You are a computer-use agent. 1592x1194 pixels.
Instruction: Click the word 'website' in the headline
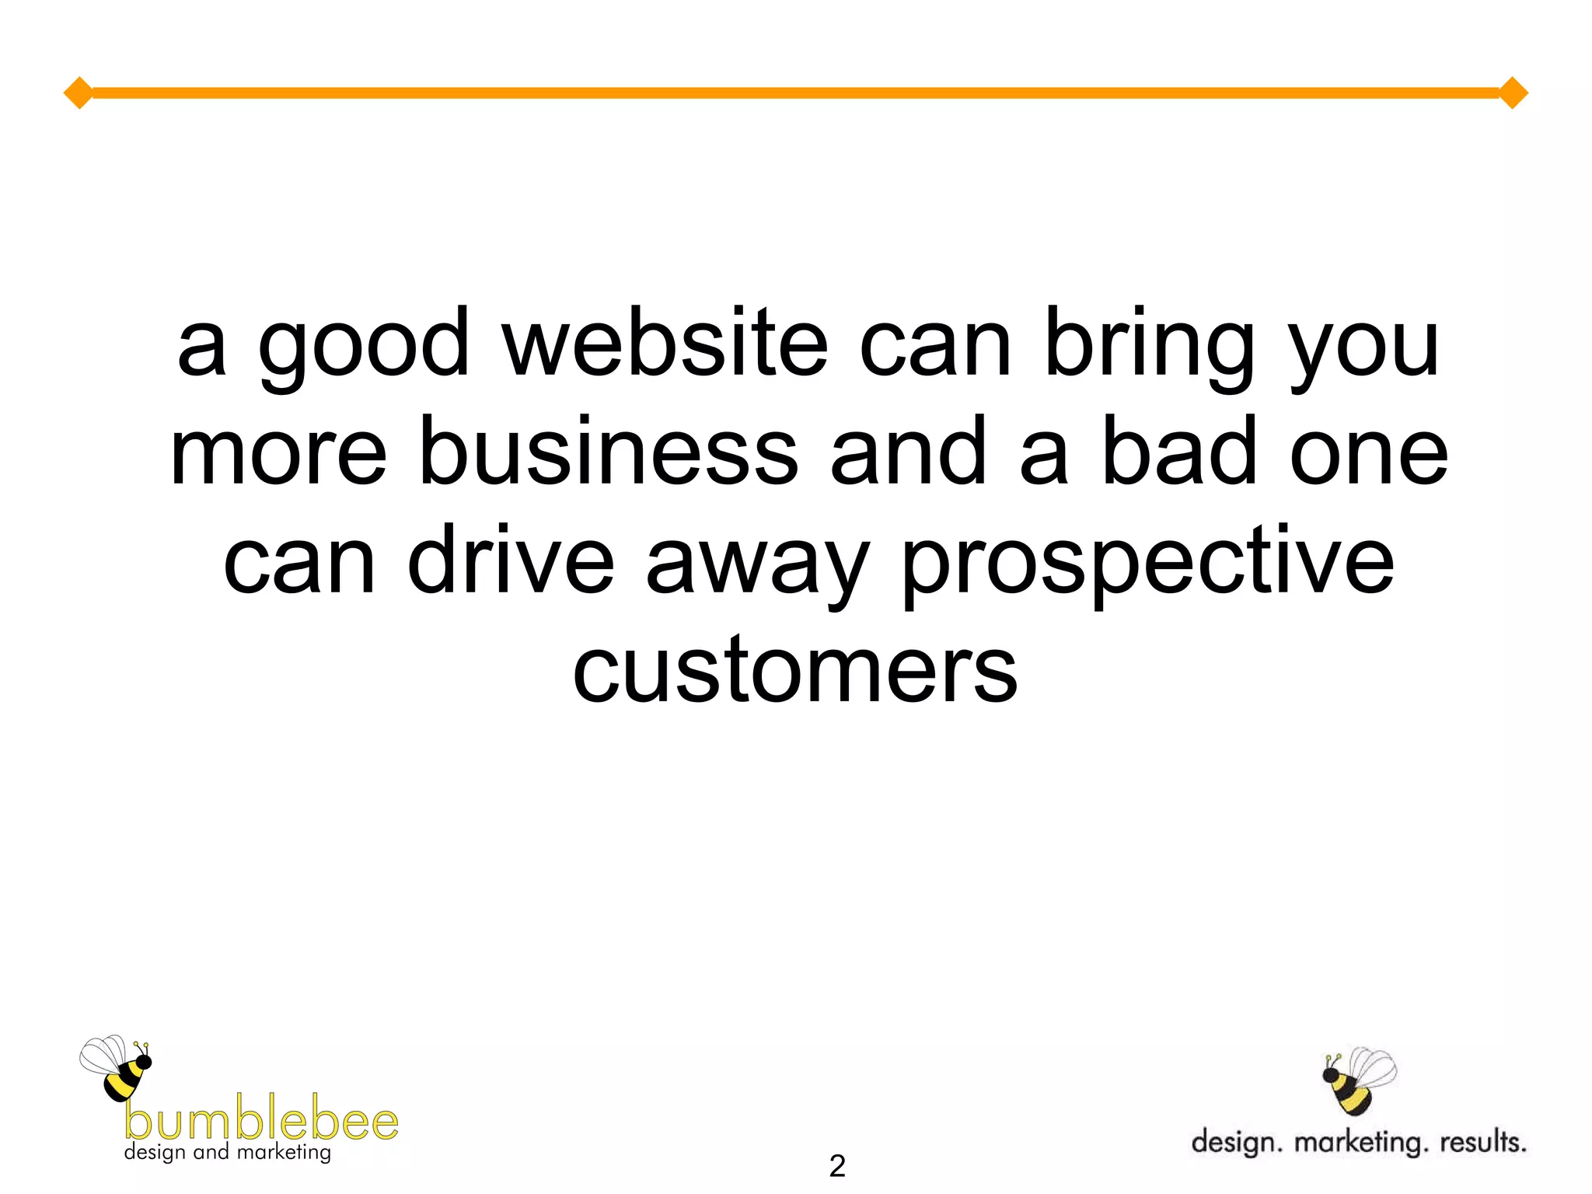(665, 344)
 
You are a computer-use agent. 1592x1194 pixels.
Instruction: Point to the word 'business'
(608, 452)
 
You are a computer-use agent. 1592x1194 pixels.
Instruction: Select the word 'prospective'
(1147, 567)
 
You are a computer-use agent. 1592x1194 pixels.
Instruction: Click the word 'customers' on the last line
(794, 670)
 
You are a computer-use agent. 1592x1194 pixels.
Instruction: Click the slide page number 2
(836, 1166)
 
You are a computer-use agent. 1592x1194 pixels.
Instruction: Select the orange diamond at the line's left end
(79, 93)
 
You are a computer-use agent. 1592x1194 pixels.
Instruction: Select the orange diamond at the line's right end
(1513, 93)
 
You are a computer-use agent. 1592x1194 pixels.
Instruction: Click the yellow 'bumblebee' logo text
(261, 1121)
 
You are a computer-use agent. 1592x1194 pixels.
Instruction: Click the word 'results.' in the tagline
(1482, 1142)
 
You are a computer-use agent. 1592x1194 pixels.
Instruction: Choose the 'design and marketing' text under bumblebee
(227, 1153)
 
